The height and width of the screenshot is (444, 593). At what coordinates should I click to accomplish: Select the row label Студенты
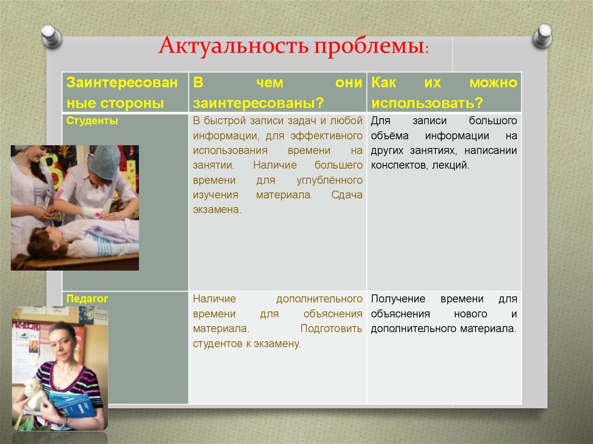[x=93, y=121]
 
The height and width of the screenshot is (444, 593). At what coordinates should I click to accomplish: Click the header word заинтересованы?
[x=258, y=103]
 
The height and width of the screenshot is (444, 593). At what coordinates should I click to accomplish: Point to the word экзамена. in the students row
[x=217, y=210]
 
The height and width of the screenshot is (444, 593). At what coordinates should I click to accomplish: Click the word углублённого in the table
[x=330, y=180]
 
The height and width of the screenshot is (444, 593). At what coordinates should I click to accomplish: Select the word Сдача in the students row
[x=347, y=195]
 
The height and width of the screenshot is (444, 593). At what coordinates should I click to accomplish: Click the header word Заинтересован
[x=122, y=83]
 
